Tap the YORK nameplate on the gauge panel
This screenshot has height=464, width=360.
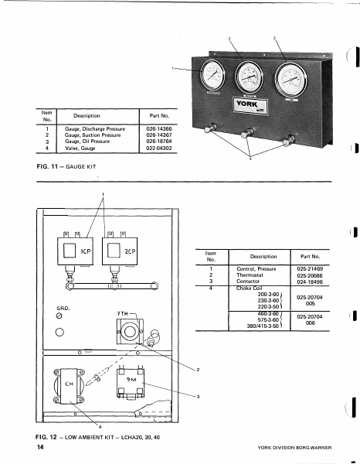pos(249,107)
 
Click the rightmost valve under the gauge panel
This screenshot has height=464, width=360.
pos(289,141)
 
